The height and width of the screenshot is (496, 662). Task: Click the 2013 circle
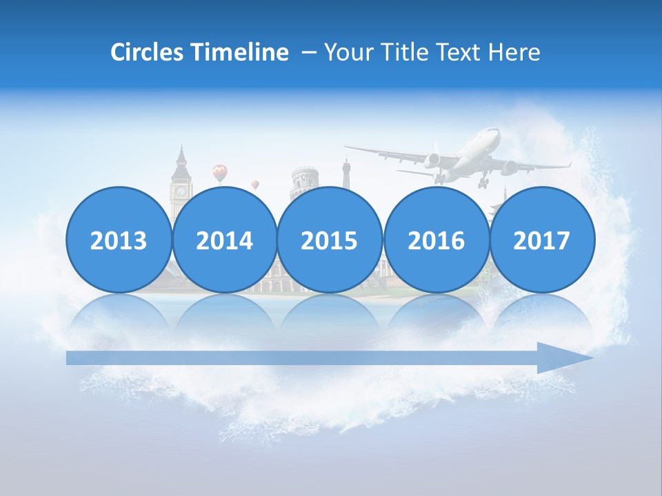119,240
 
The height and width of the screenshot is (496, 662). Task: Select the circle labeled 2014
224,240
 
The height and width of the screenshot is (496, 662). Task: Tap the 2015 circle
330,240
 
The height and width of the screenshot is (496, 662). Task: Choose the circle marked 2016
436,240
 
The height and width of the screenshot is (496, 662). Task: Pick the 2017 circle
541,240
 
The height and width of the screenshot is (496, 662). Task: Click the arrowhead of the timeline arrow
565,358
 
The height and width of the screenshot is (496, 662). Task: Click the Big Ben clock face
181,191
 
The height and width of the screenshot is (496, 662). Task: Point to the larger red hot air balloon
219,172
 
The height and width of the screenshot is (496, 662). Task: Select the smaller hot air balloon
255,185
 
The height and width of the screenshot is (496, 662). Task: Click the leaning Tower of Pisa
304,179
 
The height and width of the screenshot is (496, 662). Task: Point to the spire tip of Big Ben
181,146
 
